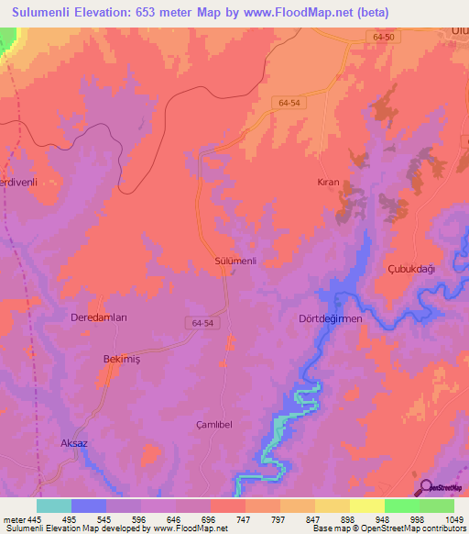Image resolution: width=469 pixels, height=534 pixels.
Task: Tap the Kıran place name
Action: (x=328, y=183)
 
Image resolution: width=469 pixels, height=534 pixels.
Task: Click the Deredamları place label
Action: (x=98, y=317)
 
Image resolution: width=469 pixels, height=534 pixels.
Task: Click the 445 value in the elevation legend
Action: (x=35, y=519)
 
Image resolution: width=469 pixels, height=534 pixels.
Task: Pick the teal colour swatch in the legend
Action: (x=54, y=506)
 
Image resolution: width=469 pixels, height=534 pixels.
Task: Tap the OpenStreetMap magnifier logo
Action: (x=423, y=486)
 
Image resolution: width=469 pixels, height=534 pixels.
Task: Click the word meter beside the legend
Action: (x=14, y=519)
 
